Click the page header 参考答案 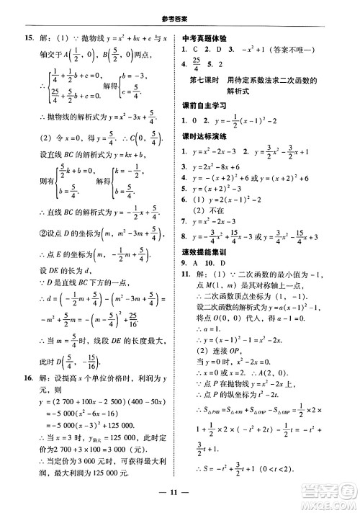click(179, 9)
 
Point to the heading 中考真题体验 click(210, 37)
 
